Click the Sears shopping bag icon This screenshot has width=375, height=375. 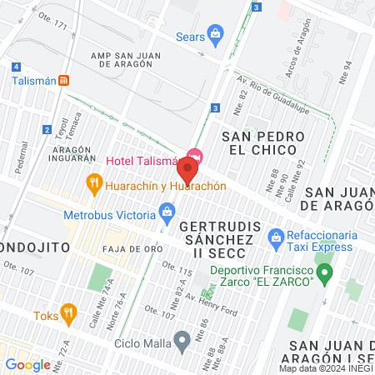(216, 34)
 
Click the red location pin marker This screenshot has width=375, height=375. (187, 170)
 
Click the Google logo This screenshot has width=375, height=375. (27, 364)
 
